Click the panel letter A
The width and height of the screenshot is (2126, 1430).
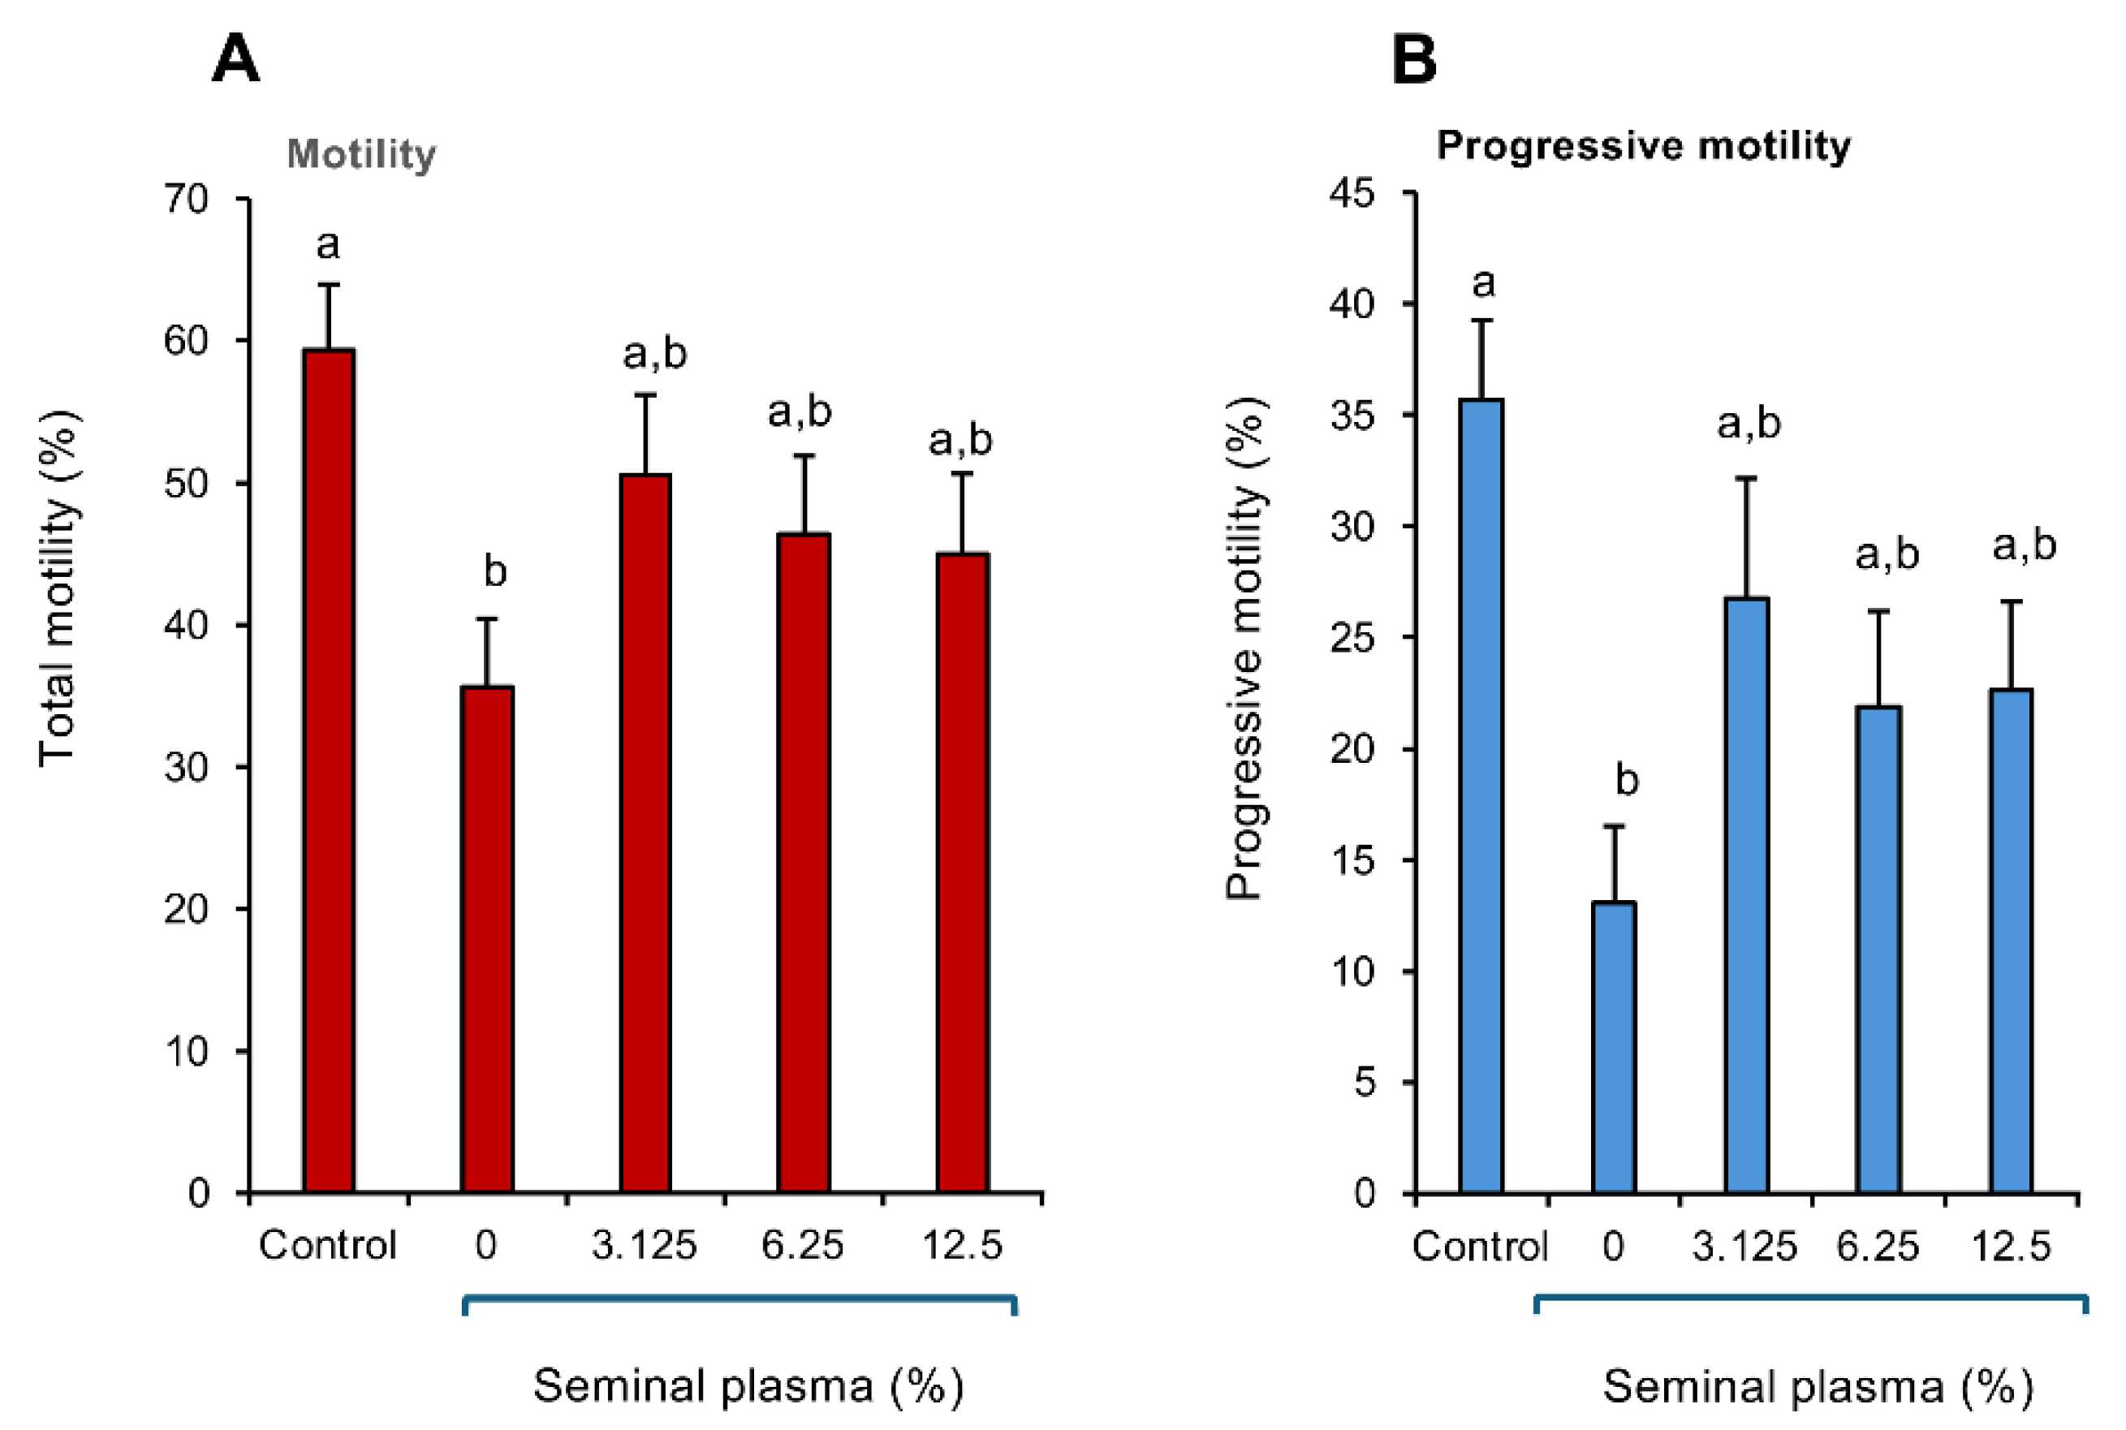(235, 59)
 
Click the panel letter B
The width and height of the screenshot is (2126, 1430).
(1414, 59)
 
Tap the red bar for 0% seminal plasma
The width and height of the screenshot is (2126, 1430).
(487, 939)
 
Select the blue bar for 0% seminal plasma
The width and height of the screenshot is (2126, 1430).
(1615, 1048)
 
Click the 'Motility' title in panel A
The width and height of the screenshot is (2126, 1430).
(361, 154)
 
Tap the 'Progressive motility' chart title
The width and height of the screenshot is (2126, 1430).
(1644, 146)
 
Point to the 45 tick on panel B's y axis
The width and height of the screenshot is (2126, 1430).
(1352, 193)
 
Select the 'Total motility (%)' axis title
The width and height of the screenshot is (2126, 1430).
(59, 588)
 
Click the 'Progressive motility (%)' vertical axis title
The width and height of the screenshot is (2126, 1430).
(1246, 649)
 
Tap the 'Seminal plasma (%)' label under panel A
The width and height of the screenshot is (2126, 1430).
(748, 1385)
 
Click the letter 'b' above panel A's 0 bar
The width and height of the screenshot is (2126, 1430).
(494, 572)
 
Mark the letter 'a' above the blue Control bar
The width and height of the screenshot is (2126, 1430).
(1483, 283)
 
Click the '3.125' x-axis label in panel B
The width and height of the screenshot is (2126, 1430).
(1744, 1246)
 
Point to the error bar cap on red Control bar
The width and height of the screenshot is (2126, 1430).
(328, 285)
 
